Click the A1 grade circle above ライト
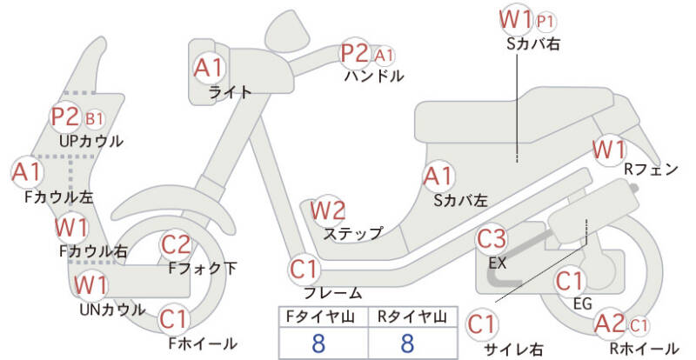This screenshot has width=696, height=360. (209, 67)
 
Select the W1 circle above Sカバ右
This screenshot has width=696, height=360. (515, 18)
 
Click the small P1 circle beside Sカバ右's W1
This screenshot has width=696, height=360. (546, 20)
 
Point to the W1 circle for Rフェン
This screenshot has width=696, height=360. (608, 149)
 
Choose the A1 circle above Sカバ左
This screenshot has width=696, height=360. (438, 177)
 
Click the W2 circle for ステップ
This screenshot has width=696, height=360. (328, 210)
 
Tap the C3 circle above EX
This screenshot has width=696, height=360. (492, 238)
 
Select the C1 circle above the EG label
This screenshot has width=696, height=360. (569, 281)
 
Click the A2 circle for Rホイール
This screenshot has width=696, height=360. (610, 324)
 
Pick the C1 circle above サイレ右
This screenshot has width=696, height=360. (481, 324)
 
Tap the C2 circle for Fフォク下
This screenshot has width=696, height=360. (177, 245)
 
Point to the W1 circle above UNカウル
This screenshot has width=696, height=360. (90, 284)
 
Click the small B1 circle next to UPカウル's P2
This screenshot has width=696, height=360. (94, 118)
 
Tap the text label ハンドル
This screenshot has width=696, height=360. (374, 76)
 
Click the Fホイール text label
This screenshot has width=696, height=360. (203, 343)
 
